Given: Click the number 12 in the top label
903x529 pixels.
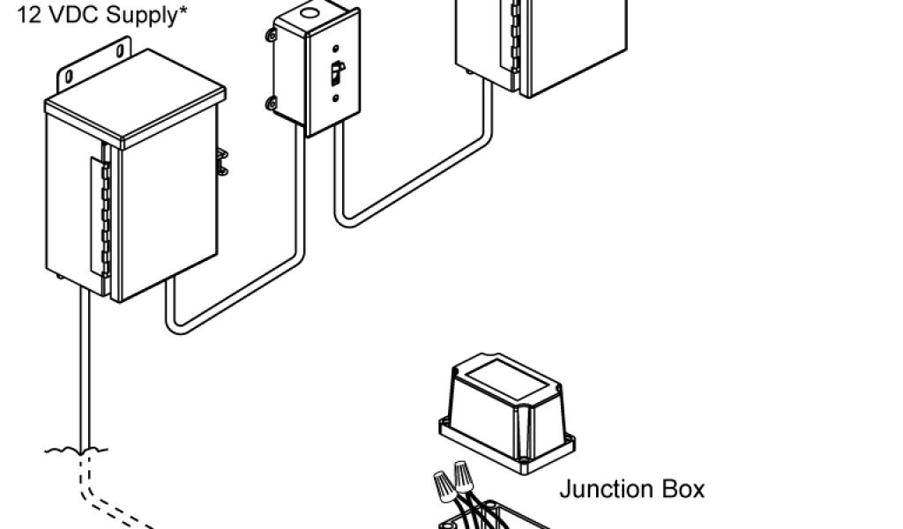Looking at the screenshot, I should [x=26, y=16].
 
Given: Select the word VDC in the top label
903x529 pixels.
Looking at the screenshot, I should [x=71, y=16].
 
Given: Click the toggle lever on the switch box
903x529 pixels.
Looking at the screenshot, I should [x=335, y=74].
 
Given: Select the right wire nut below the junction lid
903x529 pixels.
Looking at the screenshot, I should [x=461, y=476].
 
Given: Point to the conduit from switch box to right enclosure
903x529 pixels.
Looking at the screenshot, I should [x=414, y=184].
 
